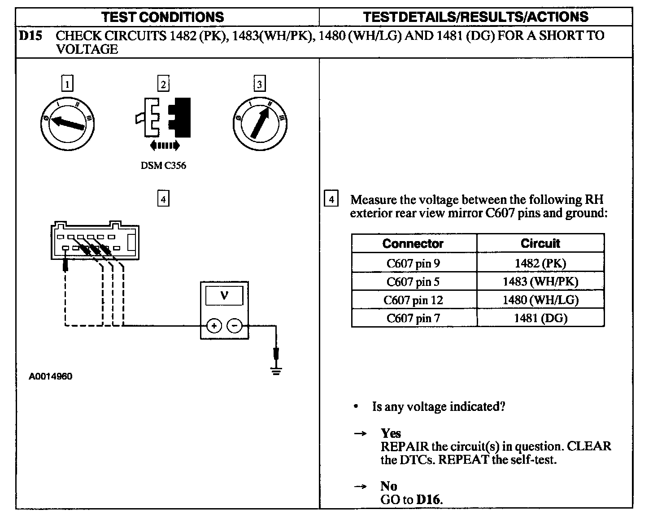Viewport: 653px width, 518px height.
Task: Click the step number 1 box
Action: (x=67, y=84)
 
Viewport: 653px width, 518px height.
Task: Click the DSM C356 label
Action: (x=163, y=165)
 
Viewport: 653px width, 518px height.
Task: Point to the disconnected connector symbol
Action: (x=163, y=117)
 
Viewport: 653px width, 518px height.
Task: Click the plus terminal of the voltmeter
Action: (x=214, y=326)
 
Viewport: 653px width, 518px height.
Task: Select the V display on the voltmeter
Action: (x=224, y=296)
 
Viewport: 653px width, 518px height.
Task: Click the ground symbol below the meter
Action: (x=276, y=370)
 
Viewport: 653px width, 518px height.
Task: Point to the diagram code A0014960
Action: (x=51, y=376)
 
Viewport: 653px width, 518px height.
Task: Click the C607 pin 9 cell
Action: (x=413, y=263)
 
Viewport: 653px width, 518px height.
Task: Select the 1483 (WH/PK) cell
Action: (x=540, y=281)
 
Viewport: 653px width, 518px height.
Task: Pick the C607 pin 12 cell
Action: (x=413, y=300)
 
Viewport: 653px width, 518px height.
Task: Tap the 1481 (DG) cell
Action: (x=540, y=318)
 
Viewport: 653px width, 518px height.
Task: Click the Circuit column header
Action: (x=540, y=243)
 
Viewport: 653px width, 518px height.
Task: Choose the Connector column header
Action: (x=413, y=243)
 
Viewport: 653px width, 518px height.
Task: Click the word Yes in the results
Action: (x=391, y=433)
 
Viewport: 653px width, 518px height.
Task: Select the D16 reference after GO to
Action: (x=429, y=500)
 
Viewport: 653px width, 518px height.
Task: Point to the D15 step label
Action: (x=30, y=36)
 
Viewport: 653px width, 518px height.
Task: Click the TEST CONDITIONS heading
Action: (x=162, y=17)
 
